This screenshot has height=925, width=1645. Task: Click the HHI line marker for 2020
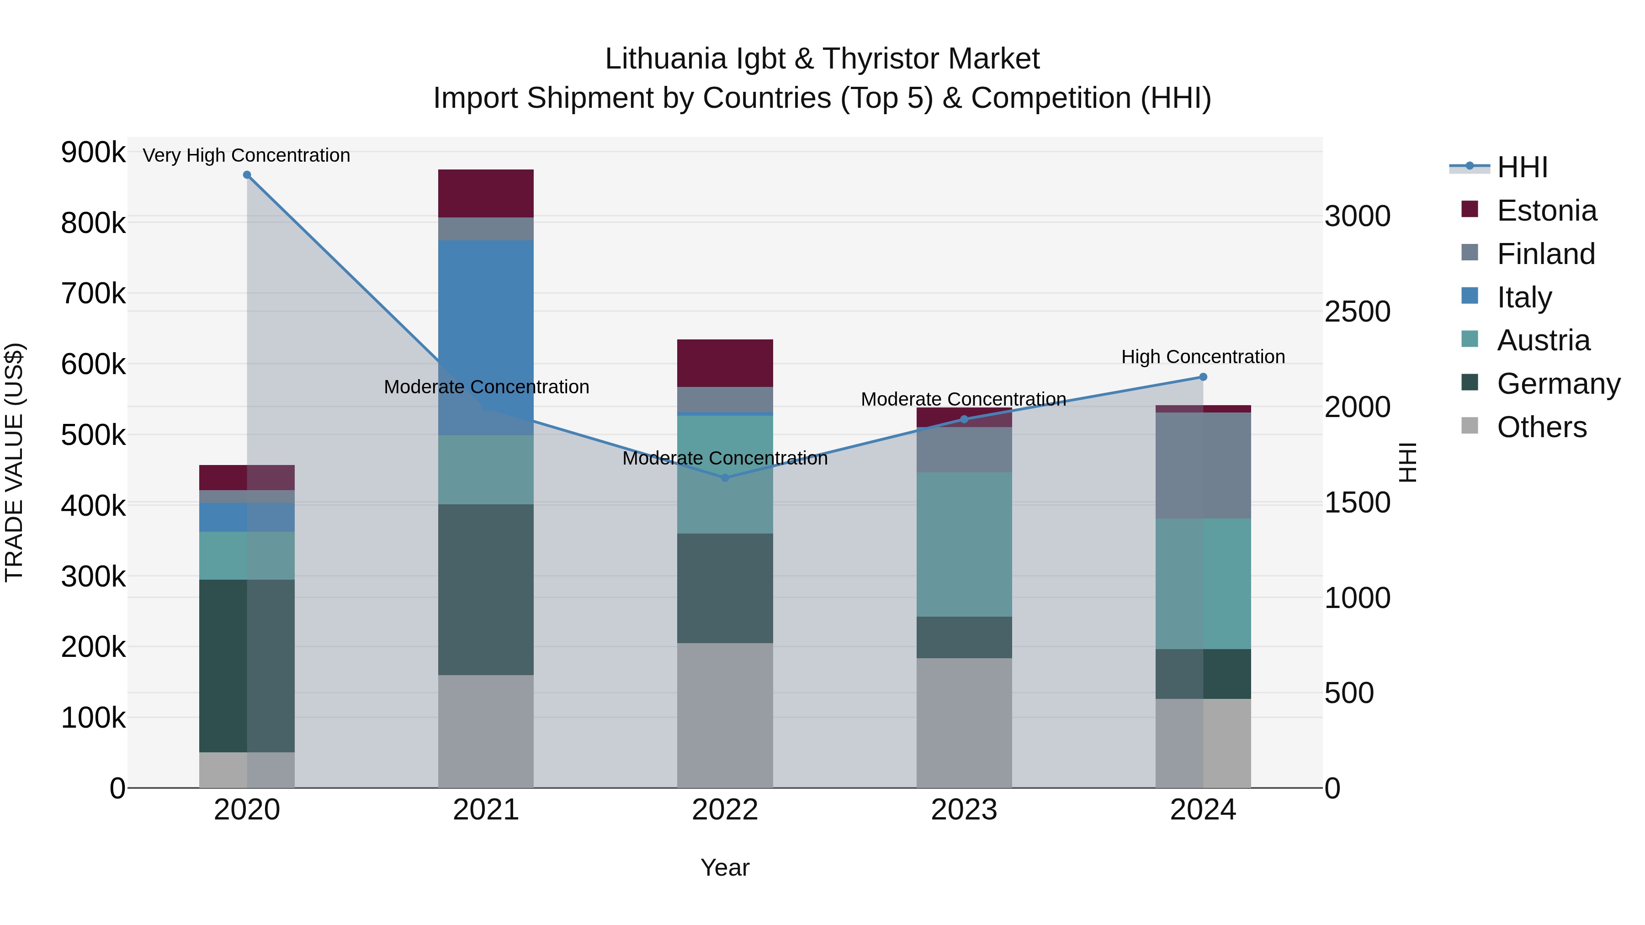[247, 175]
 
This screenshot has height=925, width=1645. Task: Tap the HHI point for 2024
[1203, 377]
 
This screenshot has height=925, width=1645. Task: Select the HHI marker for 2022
[725, 477]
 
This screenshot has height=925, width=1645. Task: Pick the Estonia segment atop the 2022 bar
[725, 363]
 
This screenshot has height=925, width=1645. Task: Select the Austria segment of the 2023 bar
[964, 544]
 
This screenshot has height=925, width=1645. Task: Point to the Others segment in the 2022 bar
[725, 715]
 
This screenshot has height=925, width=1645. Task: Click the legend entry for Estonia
[1547, 211]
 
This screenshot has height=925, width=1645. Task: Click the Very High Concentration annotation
[246, 155]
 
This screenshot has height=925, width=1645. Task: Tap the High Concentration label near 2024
[1203, 357]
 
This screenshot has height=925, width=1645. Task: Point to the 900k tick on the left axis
[93, 153]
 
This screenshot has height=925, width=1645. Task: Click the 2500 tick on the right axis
[1357, 312]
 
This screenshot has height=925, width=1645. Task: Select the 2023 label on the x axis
[964, 810]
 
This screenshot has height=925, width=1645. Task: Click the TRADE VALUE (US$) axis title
[14, 462]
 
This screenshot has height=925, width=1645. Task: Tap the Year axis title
[725, 867]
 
